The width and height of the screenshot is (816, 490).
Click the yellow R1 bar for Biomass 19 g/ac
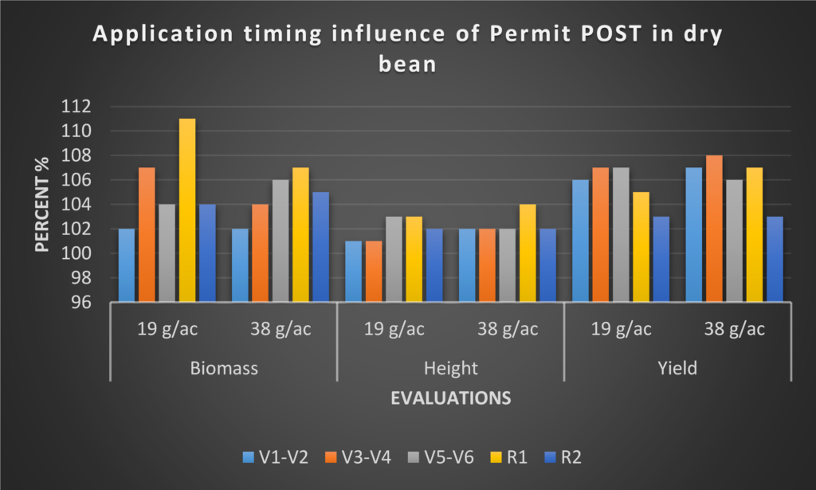(x=187, y=210)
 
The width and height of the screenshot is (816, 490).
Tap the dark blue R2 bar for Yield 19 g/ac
(x=661, y=259)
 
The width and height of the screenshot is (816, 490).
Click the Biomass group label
(x=222, y=368)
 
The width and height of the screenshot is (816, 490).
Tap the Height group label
(x=450, y=368)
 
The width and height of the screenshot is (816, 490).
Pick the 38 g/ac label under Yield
(x=734, y=330)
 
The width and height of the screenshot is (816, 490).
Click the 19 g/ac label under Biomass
(x=166, y=330)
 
